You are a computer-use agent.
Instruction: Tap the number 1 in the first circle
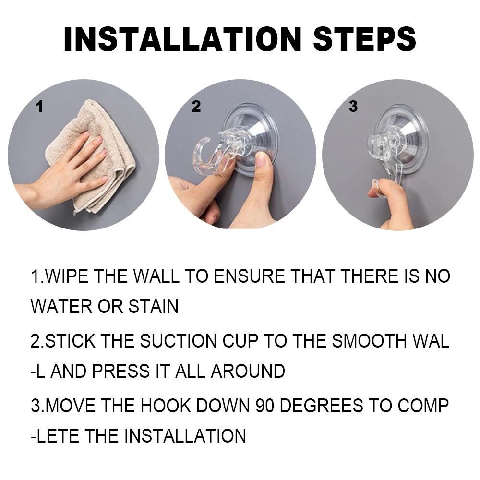[39, 107]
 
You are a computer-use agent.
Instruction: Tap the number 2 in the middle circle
[196, 106]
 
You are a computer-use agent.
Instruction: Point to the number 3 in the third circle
[353, 106]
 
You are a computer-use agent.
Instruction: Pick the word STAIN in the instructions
[153, 306]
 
